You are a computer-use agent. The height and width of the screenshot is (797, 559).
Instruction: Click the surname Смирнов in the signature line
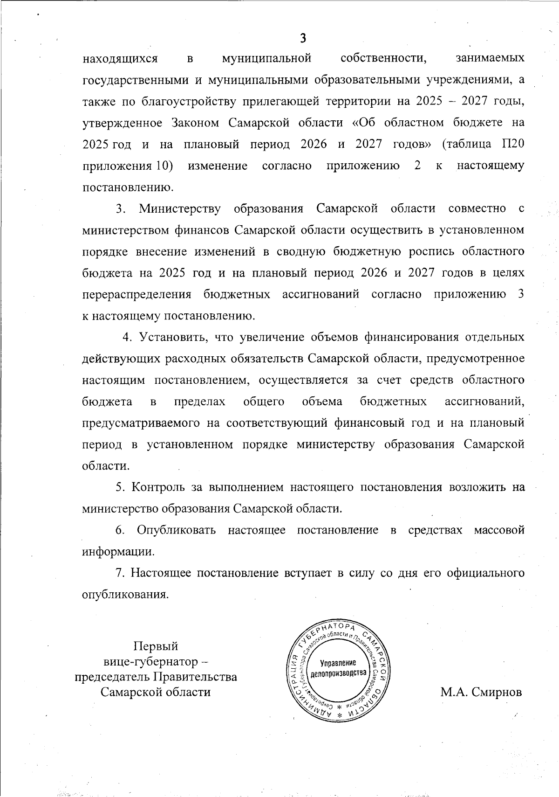497,692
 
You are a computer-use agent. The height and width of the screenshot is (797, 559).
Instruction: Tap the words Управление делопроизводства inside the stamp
338,668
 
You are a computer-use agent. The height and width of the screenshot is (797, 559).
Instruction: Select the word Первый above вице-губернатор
156,646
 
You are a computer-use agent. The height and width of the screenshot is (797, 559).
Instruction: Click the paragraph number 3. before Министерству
122,208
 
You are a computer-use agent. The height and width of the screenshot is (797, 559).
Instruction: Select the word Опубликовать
177,530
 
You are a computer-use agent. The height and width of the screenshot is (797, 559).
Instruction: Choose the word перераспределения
137,294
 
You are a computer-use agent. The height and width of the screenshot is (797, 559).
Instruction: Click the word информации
118,552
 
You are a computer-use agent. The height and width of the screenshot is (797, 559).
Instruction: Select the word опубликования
124,595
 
